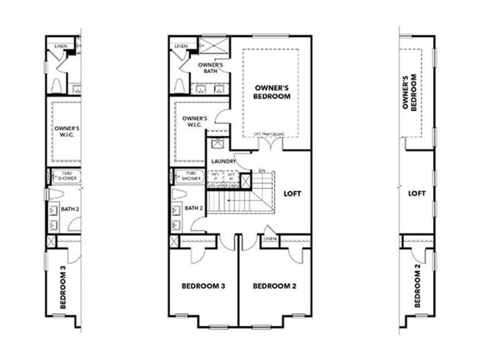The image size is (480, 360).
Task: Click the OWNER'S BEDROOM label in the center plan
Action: (271, 91)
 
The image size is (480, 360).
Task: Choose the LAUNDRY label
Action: (223, 161)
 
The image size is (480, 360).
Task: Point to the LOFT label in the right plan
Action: (417, 193)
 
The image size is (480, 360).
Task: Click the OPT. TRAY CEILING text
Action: (270, 134)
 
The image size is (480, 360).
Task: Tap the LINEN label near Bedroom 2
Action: (270, 240)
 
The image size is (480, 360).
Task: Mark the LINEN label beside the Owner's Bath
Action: (182, 46)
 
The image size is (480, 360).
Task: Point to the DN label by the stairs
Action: (262, 172)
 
